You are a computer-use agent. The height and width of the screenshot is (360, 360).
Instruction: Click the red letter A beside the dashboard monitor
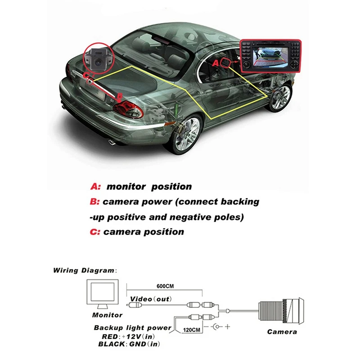pyautogui.click(x=215, y=63)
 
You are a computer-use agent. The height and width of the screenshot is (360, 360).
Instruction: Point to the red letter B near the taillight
pyautogui.click(x=120, y=96)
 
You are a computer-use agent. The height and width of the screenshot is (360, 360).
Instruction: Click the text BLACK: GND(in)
pyautogui.click(x=127, y=344)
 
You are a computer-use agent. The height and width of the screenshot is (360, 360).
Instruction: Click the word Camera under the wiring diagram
pyautogui.click(x=282, y=332)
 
